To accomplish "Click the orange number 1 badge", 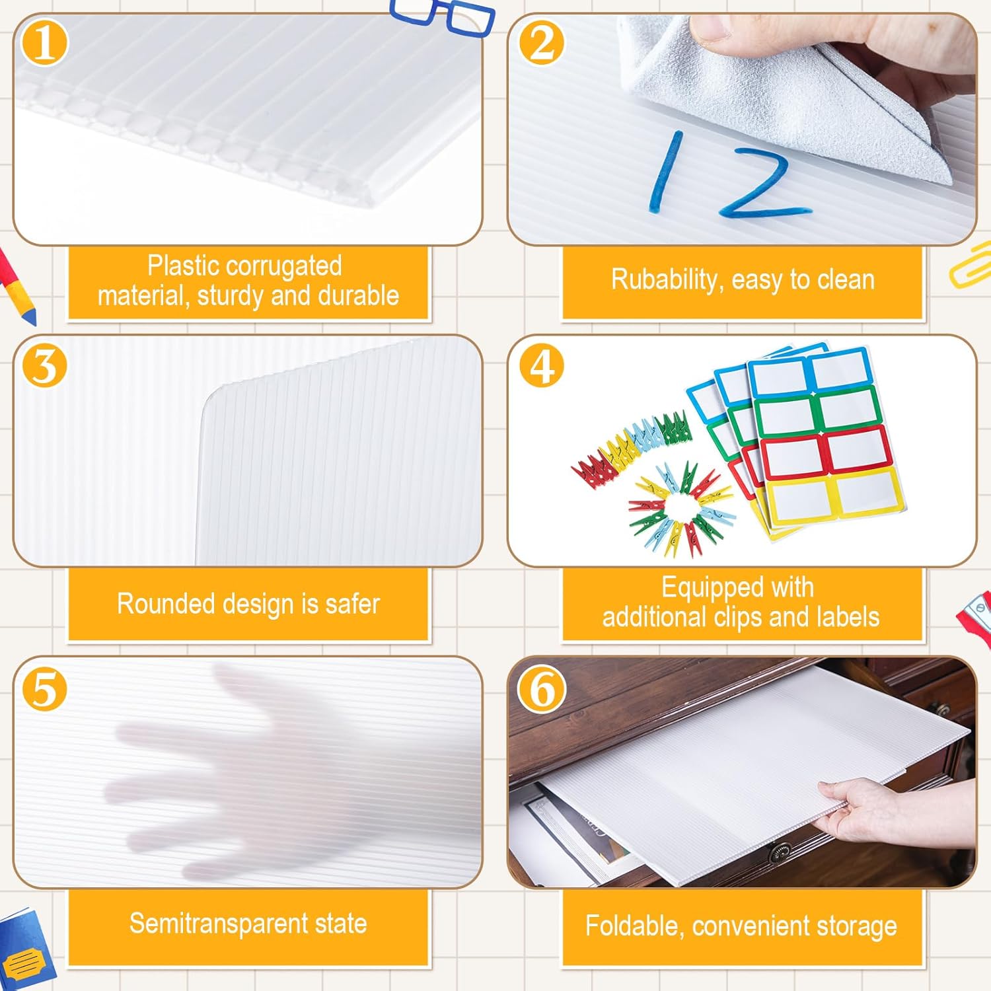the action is click(x=45, y=43).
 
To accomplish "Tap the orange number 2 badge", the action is click(x=542, y=43).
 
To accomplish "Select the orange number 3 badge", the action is click(x=45, y=365).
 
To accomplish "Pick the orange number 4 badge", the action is click(x=542, y=365).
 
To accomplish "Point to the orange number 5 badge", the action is click(x=45, y=688).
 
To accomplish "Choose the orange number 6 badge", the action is click(x=542, y=688).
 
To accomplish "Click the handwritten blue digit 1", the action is click(x=665, y=172).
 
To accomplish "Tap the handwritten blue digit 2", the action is click(x=763, y=184).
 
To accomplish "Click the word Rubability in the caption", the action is click(x=663, y=279).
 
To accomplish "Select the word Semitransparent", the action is click(x=219, y=923).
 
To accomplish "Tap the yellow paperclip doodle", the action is click(x=971, y=264).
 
